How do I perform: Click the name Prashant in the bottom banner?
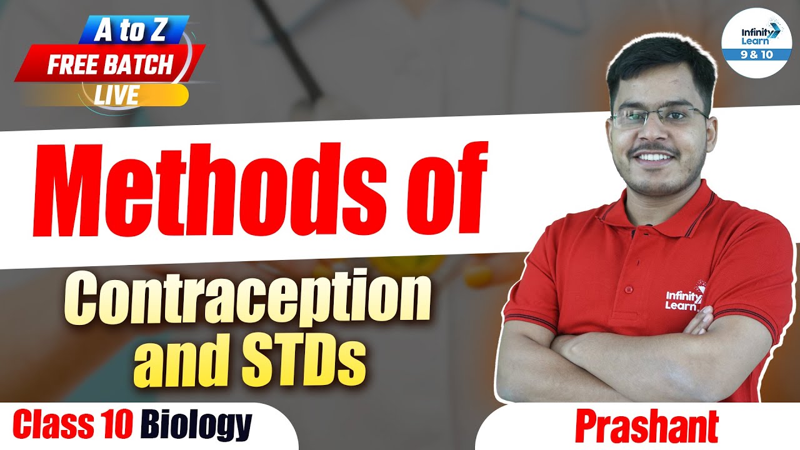tap(646, 428)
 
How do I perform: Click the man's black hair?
tap(659, 62)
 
